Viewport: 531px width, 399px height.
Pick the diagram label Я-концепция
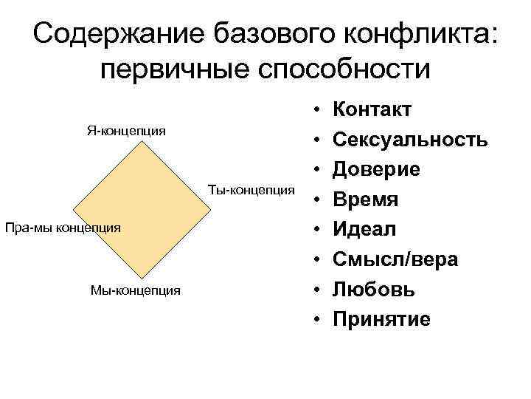[x=126, y=131]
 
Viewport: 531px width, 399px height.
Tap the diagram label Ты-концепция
[x=251, y=189]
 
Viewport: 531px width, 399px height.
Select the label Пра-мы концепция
[x=62, y=227]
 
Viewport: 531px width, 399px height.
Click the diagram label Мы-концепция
[x=135, y=290]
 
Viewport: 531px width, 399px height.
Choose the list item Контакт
[x=372, y=110]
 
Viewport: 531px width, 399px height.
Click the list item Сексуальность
[x=410, y=140]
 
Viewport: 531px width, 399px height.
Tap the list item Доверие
[x=377, y=169]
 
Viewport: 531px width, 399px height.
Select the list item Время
[x=366, y=199]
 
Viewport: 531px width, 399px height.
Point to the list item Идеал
[x=365, y=229]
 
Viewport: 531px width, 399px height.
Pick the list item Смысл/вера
[x=395, y=259]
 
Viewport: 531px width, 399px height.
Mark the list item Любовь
[x=373, y=289]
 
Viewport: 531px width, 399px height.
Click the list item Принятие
[x=381, y=319]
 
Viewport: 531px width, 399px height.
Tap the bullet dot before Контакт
[x=315, y=111]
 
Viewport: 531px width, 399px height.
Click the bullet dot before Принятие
[x=315, y=320]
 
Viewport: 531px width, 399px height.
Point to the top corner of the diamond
[x=140, y=141]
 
